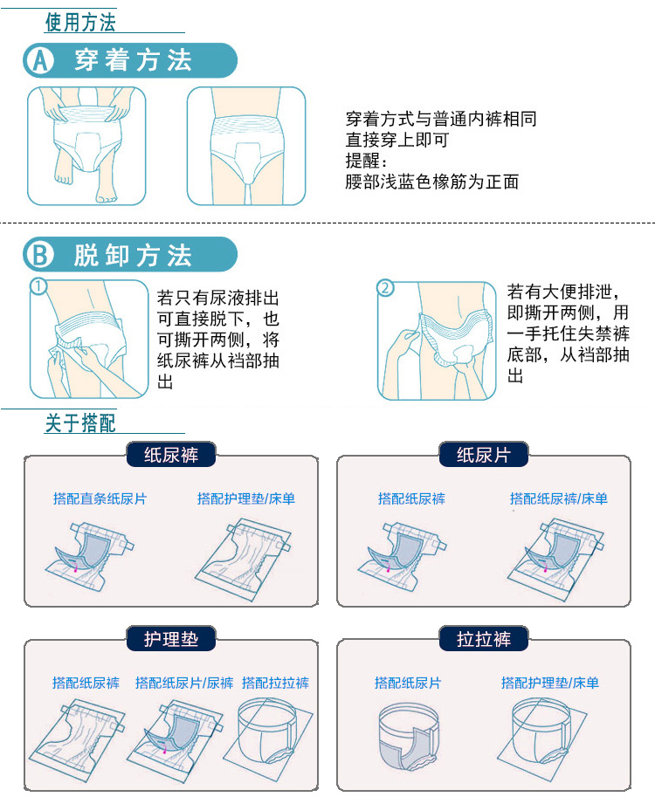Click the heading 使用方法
click(x=80, y=23)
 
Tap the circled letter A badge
click(x=40, y=60)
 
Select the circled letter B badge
click(x=40, y=254)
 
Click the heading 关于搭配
click(x=80, y=423)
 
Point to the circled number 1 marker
click(x=38, y=286)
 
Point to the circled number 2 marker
click(x=385, y=288)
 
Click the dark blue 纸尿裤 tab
click(x=171, y=455)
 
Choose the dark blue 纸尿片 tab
click(x=484, y=455)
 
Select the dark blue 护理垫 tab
click(x=171, y=638)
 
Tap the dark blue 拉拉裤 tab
click(x=484, y=638)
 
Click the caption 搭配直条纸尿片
click(x=100, y=498)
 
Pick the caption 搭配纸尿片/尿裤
click(x=184, y=683)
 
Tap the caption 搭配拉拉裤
click(x=275, y=683)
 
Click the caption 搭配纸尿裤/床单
click(x=558, y=498)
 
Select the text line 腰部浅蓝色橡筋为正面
click(x=431, y=182)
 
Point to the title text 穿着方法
click(x=133, y=60)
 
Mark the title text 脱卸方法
click(x=133, y=255)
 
